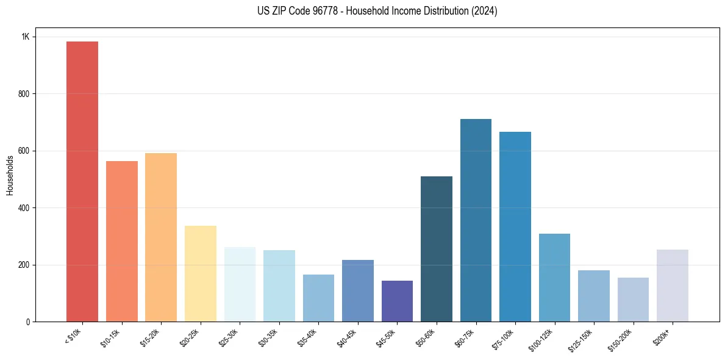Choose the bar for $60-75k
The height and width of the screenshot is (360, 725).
point(476,220)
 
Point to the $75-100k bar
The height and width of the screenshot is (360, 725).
point(515,226)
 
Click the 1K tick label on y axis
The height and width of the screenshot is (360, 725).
point(26,37)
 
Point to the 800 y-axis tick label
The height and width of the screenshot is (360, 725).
point(23,94)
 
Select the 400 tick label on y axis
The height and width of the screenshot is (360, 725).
point(23,208)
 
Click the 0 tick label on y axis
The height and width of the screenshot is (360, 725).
point(27,322)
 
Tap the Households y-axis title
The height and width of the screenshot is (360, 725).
point(10,175)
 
